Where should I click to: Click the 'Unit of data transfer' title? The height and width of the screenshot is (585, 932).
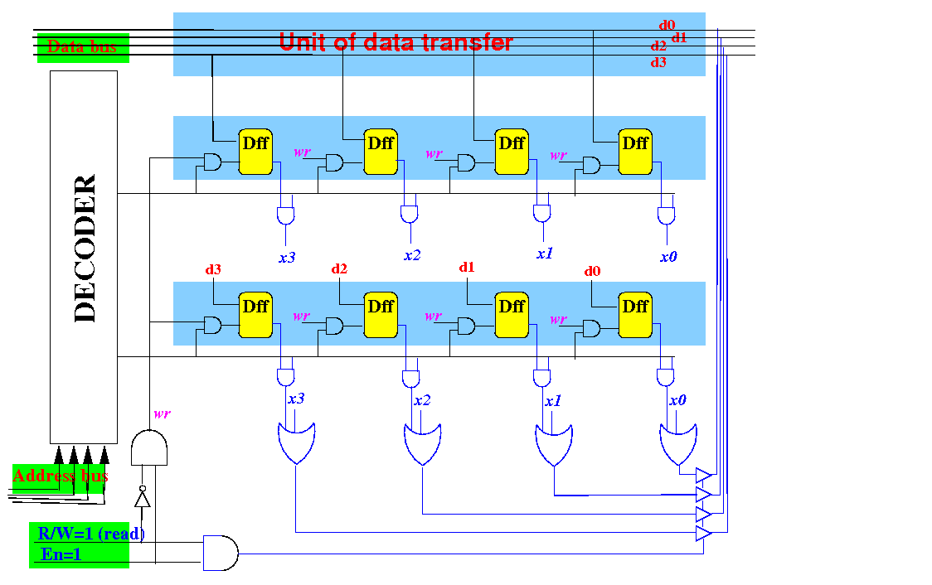click(396, 41)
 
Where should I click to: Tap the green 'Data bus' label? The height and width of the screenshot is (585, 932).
click(81, 46)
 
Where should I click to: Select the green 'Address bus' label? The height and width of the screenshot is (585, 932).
click(60, 476)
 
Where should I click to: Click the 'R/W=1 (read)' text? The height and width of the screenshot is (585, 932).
click(90, 534)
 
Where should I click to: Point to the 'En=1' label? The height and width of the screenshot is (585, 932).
click(61, 554)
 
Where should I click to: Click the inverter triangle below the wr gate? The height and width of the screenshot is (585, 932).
click(143, 499)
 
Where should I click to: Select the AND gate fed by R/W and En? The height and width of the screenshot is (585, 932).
click(220, 553)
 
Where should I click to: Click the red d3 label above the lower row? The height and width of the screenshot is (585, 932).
click(213, 270)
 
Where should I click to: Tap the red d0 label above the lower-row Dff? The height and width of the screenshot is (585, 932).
click(592, 271)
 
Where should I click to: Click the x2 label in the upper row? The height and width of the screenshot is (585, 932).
click(412, 255)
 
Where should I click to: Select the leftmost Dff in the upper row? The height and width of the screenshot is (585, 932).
click(255, 152)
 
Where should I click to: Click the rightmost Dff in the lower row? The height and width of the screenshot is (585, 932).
click(635, 316)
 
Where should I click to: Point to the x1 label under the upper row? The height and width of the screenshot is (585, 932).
click(544, 254)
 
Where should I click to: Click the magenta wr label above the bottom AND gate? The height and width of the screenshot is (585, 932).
click(162, 413)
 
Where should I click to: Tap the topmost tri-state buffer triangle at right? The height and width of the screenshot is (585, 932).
click(703, 476)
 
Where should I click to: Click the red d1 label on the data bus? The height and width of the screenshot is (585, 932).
click(679, 37)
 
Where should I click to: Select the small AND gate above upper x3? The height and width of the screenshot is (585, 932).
click(285, 216)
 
